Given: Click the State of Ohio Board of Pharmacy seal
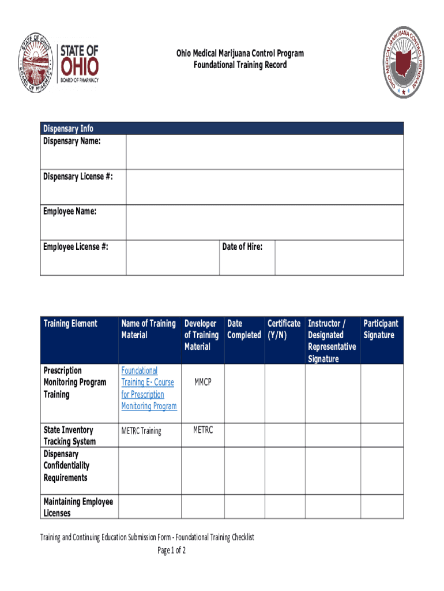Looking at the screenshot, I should (37, 62).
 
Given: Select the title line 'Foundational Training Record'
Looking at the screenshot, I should (240, 65).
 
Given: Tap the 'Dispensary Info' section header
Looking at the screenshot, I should (68, 128).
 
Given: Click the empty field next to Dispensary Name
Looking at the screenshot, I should (264, 152).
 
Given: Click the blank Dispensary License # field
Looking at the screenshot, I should (264, 187).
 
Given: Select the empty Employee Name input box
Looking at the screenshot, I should (264, 222).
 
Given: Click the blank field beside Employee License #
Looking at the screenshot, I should (172, 257).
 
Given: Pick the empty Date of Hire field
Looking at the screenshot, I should (338, 257).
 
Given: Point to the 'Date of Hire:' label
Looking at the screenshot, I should (242, 247).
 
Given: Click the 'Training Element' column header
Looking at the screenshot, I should (70, 323).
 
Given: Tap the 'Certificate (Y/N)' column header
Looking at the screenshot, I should (283, 329).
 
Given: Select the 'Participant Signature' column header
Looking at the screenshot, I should (381, 329).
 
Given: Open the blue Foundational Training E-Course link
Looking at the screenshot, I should (148, 388).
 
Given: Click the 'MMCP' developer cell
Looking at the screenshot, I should (203, 382).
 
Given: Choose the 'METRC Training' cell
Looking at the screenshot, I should (141, 431).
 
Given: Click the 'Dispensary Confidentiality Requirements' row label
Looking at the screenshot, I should (66, 466).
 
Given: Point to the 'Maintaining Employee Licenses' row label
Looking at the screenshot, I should (78, 507).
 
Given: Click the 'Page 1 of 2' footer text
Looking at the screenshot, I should (171, 550).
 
